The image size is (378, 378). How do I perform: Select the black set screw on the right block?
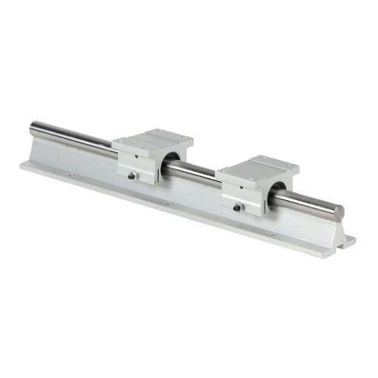pos(238,206)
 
